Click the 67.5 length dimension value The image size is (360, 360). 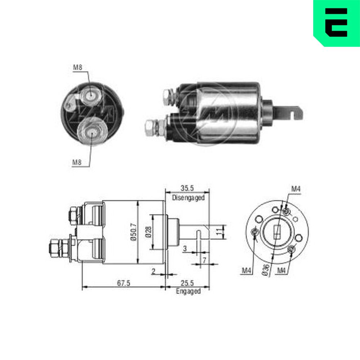click(123, 283)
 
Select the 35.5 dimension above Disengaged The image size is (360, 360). click(187, 188)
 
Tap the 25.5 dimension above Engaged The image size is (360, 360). click(187, 283)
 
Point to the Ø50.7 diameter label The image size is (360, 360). click(134, 231)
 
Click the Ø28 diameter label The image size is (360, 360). click(149, 232)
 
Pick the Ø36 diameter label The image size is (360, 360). click(265, 270)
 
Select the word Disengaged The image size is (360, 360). click(188, 198)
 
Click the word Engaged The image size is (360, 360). click(188, 291)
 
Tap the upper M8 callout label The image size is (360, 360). click(77, 68)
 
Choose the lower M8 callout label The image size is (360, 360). click(77, 163)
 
